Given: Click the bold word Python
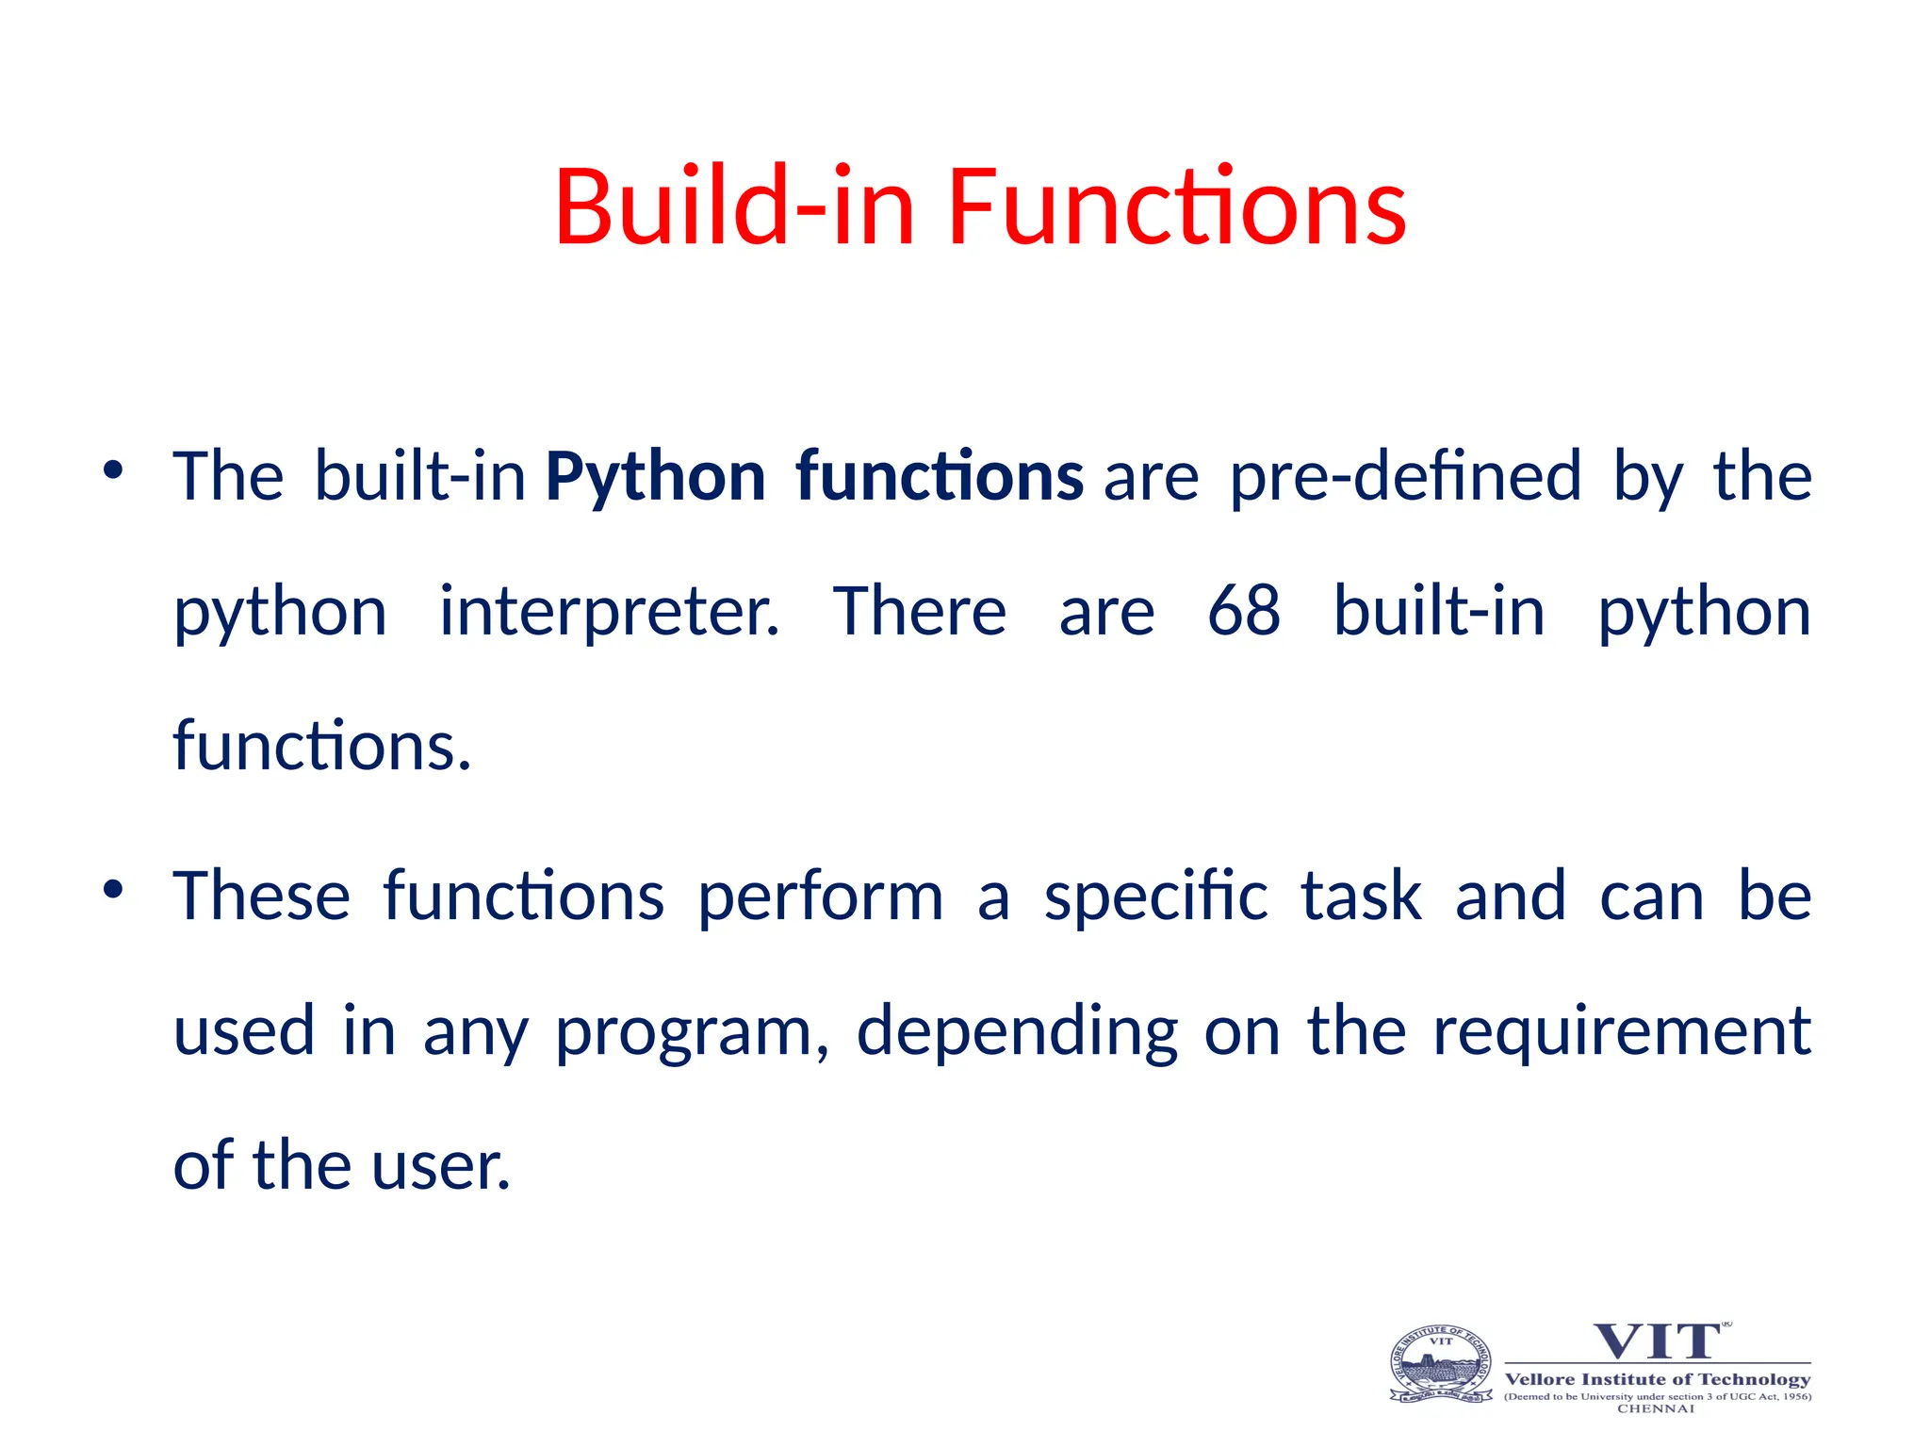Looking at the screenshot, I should [x=655, y=477].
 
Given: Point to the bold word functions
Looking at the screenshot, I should [x=940, y=477].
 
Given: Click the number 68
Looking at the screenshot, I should [x=1244, y=611].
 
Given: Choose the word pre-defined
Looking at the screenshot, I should [x=1405, y=477].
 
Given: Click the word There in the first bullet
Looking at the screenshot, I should [x=920, y=611].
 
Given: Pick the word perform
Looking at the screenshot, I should [x=820, y=897].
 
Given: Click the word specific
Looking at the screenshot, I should [x=1155, y=897].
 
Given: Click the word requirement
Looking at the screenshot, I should [x=1622, y=1031].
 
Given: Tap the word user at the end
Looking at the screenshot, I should [x=441, y=1167].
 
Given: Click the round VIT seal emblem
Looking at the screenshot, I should [x=1441, y=1364].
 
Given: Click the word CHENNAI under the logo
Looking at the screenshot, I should [x=1656, y=1408].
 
